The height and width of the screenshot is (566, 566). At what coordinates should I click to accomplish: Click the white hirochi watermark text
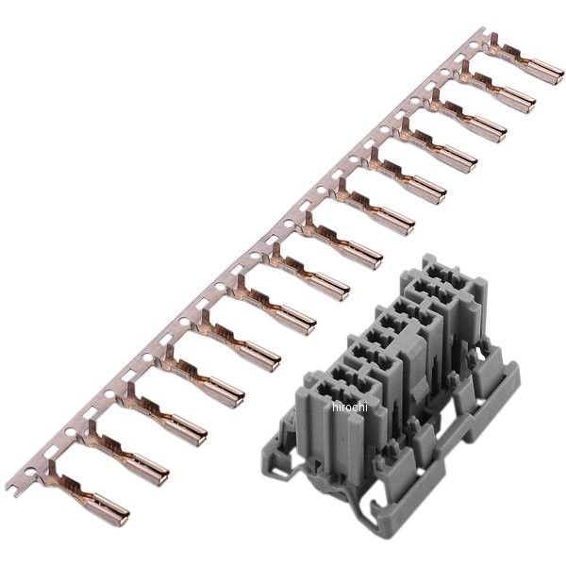[x=349, y=408]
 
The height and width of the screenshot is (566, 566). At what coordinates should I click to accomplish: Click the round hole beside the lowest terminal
[x=30, y=472]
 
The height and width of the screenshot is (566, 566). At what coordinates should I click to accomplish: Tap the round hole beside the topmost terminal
[x=474, y=46]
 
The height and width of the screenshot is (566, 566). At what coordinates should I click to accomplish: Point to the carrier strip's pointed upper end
[x=482, y=29]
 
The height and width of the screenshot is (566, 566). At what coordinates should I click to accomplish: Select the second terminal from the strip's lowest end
[x=125, y=452]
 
